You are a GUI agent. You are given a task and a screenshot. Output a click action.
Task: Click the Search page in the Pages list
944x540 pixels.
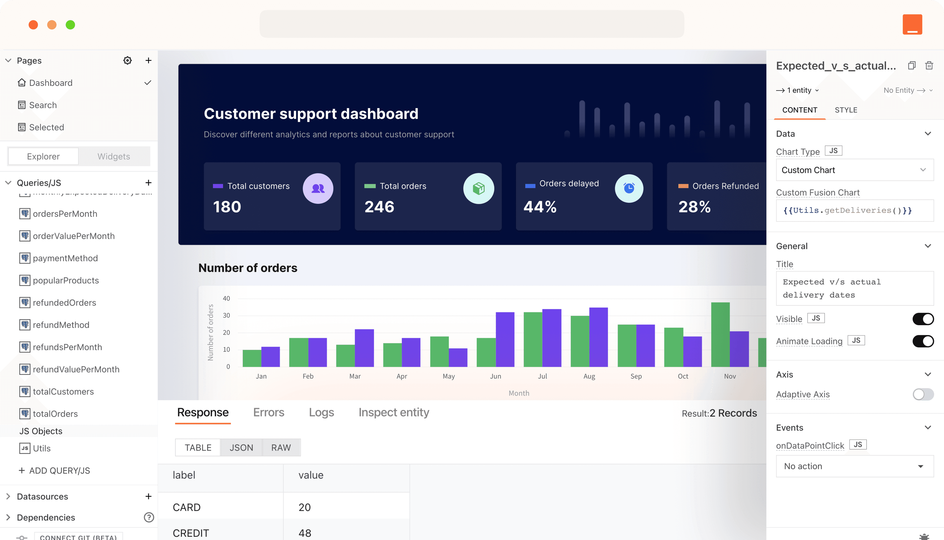coord(43,105)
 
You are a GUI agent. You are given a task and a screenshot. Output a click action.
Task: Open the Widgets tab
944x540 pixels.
coord(114,156)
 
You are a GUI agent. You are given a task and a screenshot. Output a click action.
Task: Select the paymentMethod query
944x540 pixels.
coord(65,258)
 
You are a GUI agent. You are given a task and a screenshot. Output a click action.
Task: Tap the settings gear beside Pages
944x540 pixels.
coord(127,60)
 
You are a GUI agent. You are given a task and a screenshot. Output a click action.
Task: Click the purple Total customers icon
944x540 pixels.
coord(318,189)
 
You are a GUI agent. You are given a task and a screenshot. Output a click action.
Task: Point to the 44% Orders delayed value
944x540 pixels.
coord(540,206)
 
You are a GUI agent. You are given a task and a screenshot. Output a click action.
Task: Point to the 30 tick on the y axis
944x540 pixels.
coord(226,315)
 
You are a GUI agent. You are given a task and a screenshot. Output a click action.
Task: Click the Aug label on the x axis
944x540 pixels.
coord(589,376)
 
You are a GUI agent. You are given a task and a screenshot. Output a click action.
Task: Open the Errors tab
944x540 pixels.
coord(268,412)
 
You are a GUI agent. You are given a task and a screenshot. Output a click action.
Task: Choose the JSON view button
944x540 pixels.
coord(241,448)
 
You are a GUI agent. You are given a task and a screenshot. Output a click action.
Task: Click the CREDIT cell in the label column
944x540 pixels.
coord(191,533)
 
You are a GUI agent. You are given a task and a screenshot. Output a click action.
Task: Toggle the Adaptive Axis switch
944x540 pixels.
coord(923,394)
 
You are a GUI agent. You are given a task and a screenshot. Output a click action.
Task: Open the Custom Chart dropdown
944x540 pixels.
coord(854,170)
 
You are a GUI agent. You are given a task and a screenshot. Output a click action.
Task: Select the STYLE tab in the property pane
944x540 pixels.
coord(846,110)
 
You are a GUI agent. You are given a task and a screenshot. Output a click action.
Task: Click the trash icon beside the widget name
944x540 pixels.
coord(929,66)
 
